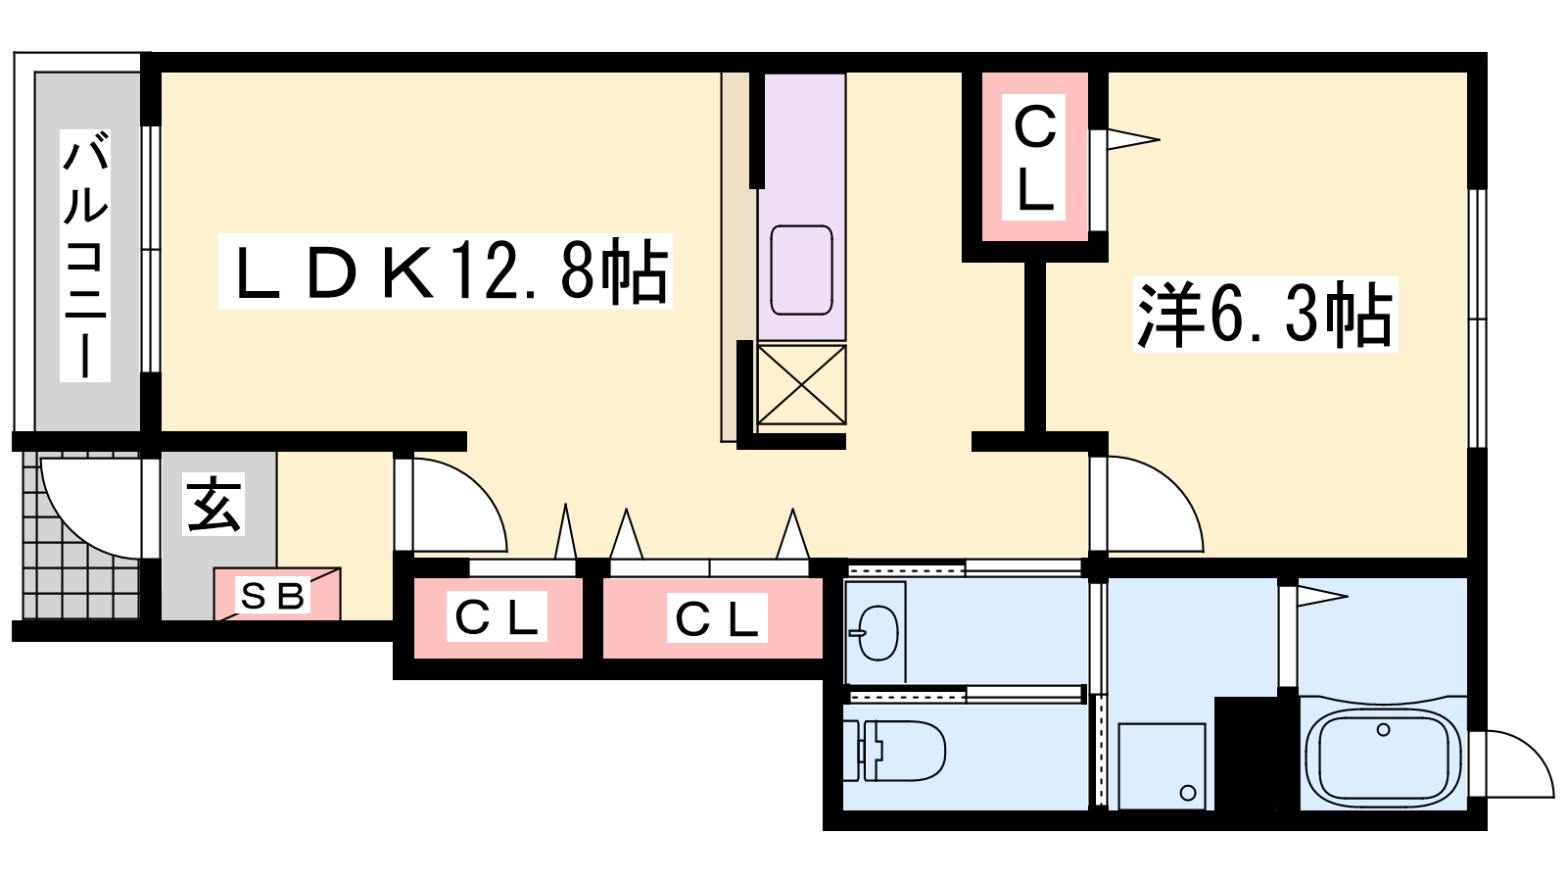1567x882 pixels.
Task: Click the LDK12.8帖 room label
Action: tap(445, 271)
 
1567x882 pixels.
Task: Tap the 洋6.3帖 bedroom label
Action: tap(1264, 314)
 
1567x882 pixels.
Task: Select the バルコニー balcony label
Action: tap(85, 255)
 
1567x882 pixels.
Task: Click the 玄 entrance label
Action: tap(214, 505)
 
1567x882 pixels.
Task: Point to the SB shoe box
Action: tap(277, 594)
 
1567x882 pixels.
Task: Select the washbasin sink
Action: tap(877, 632)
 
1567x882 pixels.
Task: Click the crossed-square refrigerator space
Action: tap(801, 384)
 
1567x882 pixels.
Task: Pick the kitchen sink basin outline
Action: tap(801, 270)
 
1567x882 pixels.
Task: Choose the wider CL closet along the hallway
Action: tap(713, 618)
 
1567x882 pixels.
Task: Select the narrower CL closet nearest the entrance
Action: tap(498, 618)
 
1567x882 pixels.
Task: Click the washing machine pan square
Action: tap(1162, 766)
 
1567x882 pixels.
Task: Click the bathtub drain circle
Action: tap(1383, 730)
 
